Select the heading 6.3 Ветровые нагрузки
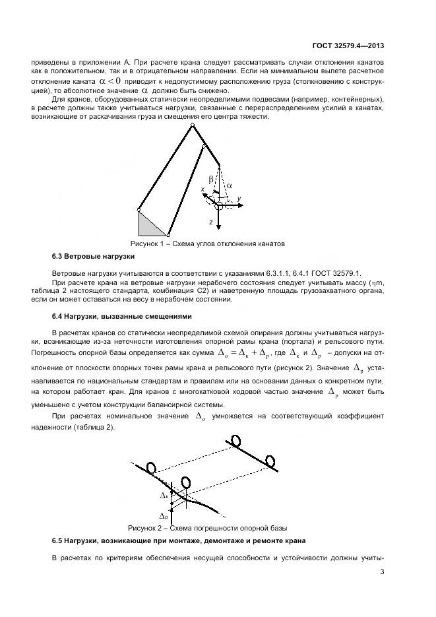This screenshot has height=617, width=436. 93,255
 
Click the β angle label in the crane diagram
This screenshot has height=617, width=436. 211,179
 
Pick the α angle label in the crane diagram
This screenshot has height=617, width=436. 229,186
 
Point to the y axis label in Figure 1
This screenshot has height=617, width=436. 239,198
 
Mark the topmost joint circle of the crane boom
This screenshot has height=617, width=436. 192,124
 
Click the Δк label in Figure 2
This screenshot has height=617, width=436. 164,494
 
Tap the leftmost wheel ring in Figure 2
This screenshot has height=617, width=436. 151,468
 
